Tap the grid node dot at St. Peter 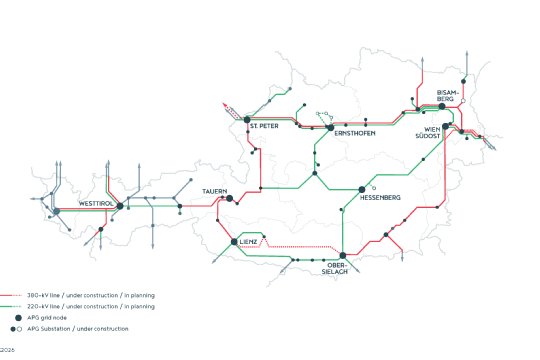[247, 121]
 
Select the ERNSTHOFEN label [355, 133]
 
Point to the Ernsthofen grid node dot [330, 127]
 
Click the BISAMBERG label [446, 97]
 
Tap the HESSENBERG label [381, 198]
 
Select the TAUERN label [216, 190]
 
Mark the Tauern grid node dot [229, 198]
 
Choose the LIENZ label [249, 242]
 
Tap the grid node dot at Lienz [234, 241]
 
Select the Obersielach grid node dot [342, 256]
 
